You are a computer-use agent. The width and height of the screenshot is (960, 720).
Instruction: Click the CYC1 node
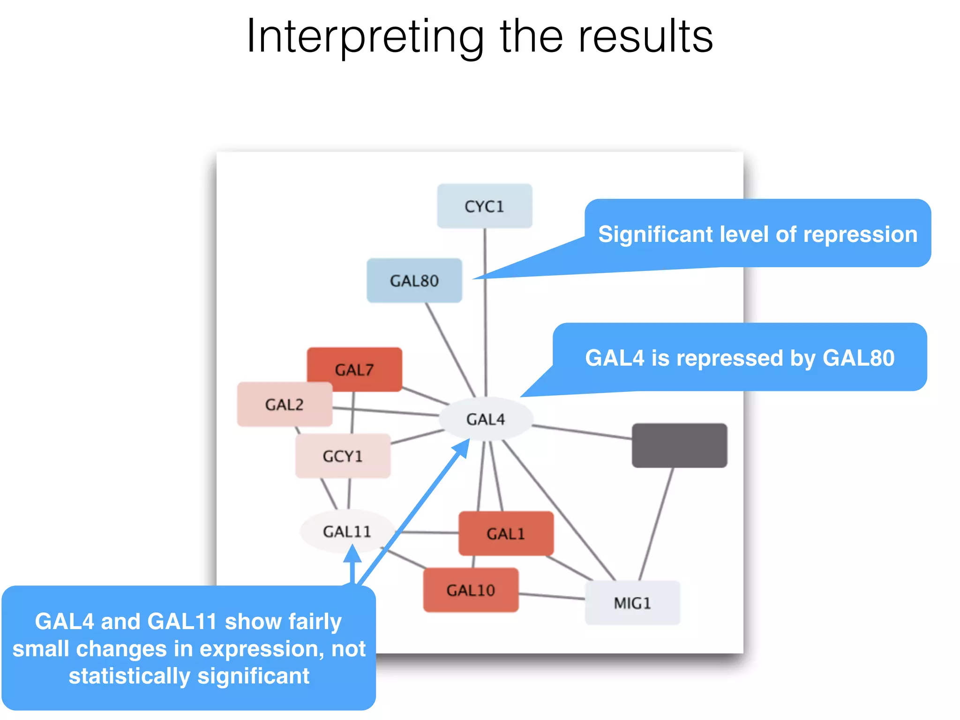[484, 206]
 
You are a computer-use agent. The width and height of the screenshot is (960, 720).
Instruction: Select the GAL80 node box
[414, 280]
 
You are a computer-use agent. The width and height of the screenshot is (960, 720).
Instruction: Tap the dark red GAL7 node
[355, 369]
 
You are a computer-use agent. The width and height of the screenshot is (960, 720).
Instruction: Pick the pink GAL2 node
[285, 404]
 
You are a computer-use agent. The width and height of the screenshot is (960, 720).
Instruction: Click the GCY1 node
[343, 456]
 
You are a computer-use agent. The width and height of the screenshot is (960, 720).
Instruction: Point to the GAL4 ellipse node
[486, 419]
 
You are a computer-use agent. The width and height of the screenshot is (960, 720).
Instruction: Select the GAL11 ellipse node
[347, 531]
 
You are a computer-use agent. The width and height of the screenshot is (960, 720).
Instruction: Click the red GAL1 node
[506, 533]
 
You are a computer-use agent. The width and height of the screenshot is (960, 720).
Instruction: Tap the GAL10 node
[471, 590]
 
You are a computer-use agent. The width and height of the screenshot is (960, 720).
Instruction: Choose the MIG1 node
[632, 603]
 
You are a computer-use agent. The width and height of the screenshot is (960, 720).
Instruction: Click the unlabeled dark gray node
[679, 445]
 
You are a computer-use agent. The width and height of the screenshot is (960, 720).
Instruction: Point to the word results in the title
[645, 37]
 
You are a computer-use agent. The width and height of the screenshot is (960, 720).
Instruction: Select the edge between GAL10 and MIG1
[551, 596]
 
